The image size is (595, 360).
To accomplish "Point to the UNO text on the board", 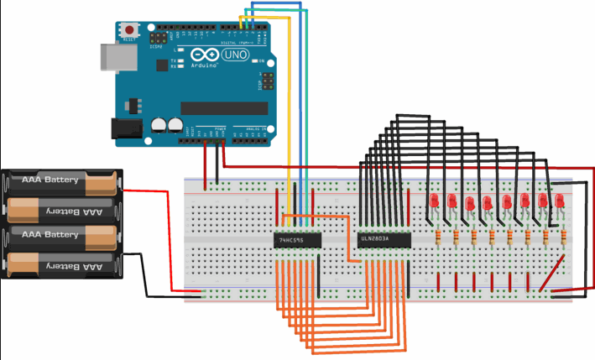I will [x=243, y=55].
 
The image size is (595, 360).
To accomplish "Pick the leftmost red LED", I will [x=435, y=204].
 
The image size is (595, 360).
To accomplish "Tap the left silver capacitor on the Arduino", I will [x=159, y=125].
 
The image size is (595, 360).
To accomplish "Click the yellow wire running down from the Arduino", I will [x=288, y=126].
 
